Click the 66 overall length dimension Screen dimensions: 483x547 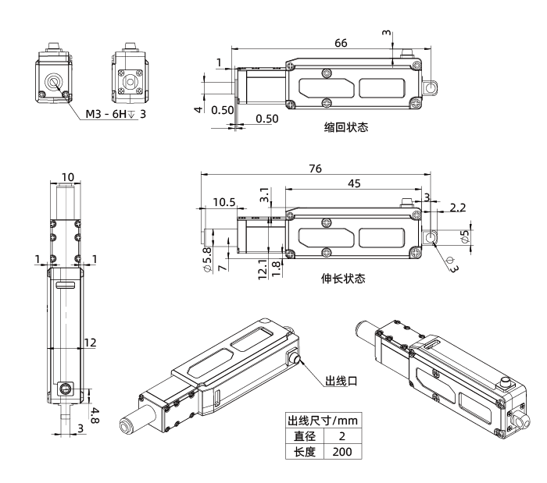tap(341, 44)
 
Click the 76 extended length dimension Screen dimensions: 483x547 tap(317, 167)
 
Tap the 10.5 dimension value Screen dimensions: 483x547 tap(224, 202)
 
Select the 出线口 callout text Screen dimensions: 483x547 tap(341, 382)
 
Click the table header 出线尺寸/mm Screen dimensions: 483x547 tap(324, 420)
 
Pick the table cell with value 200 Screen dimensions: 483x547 tap(342, 453)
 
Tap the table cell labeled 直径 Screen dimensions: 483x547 tap(305, 436)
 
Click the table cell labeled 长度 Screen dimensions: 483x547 tap(305, 453)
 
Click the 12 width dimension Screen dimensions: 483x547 tap(90, 341)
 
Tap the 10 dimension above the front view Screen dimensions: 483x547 tap(69, 177)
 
